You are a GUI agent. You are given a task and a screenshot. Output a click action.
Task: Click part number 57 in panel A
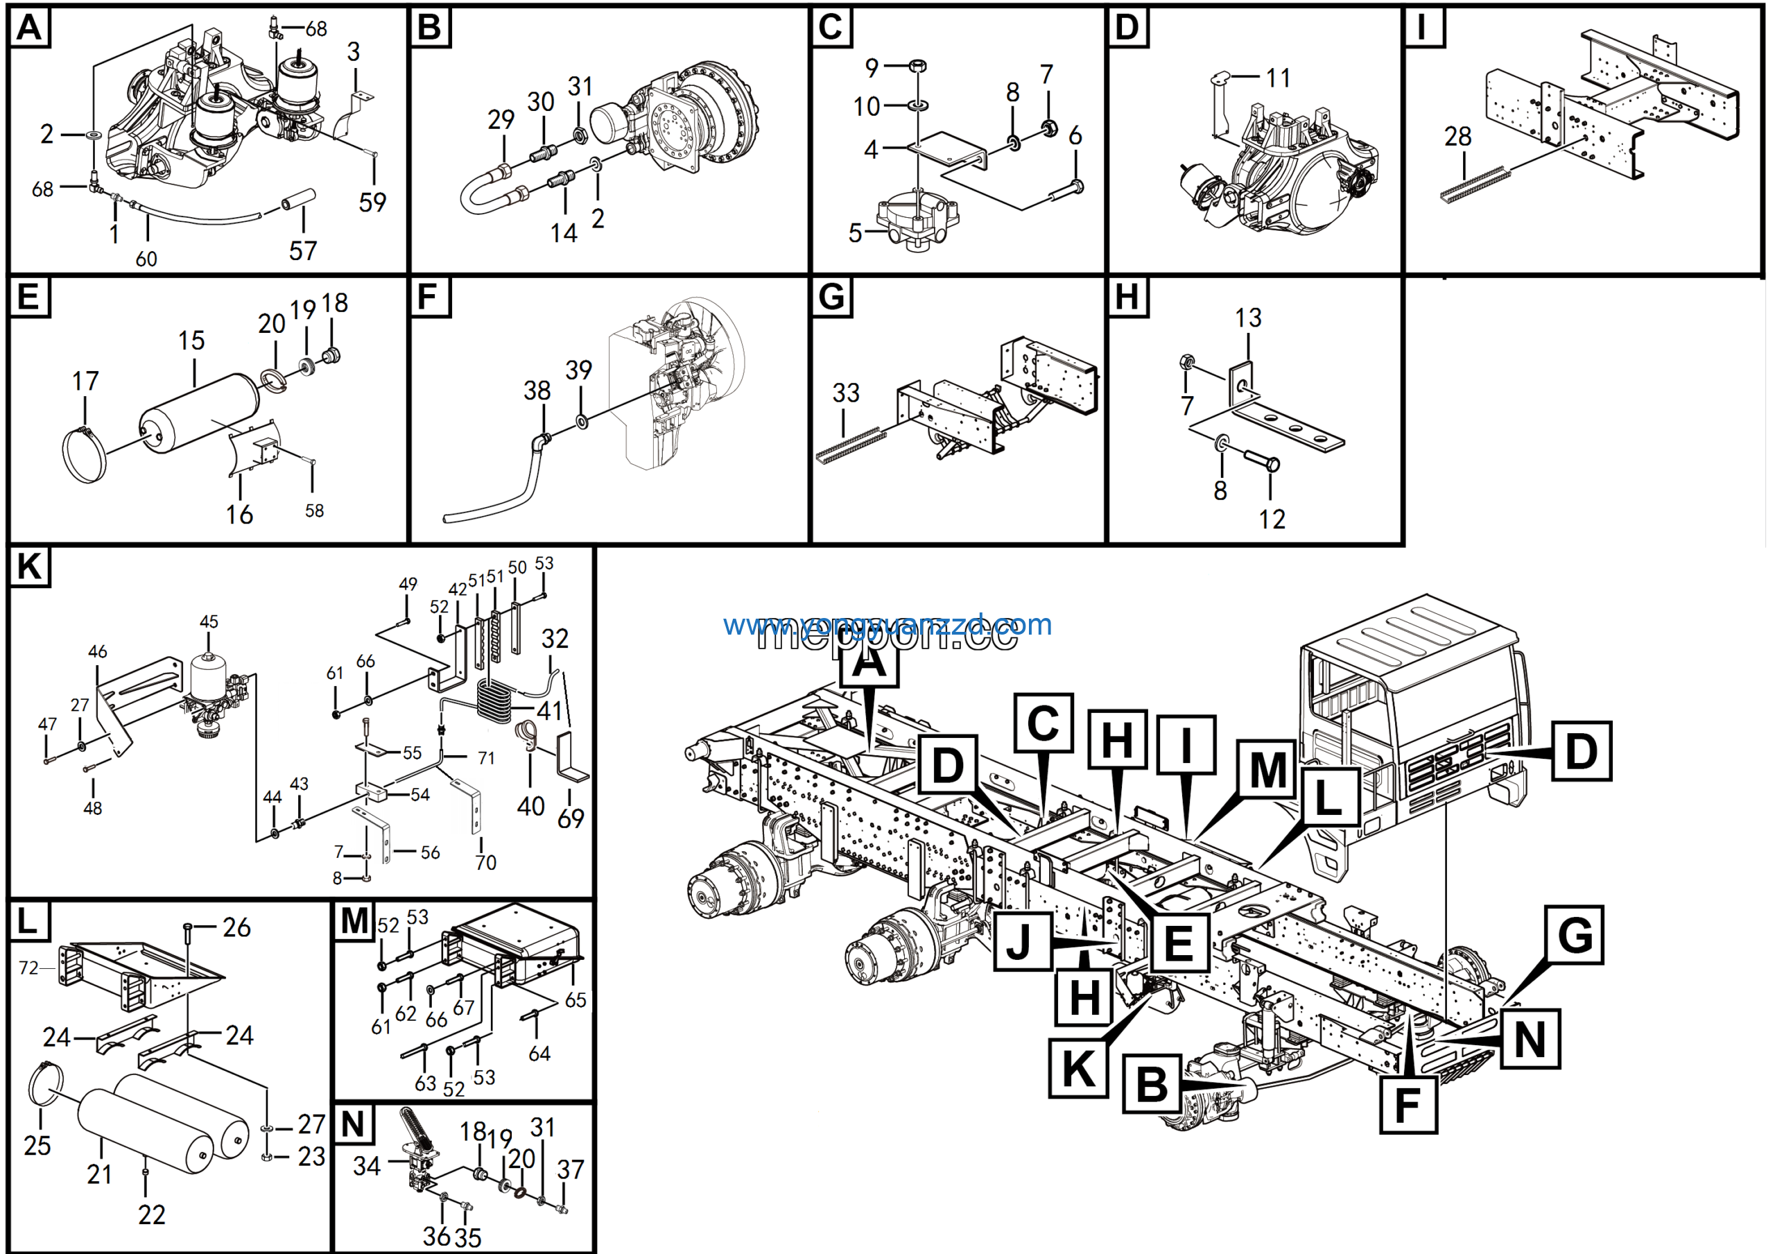pyautogui.click(x=302, y=250)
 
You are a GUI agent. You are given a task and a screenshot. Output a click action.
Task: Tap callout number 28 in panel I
pyautogui.click(x=1457, y=136)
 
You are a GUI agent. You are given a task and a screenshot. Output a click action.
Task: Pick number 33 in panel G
pyautogui.click(x=845, y=393)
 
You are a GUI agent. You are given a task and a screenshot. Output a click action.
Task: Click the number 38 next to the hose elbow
pyautogui.click(x=537, y=390)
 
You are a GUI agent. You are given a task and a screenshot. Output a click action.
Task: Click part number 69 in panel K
pyautogui.click(x=571, y=818)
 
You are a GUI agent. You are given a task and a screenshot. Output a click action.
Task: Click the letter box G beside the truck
pyautogui.click(x=1574, y=936)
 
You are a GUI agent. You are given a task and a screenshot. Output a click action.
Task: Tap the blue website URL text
pyautogui.click(x=887, y=624)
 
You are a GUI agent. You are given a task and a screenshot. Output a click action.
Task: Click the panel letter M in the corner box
pyautogui.click(x=354, y=922)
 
